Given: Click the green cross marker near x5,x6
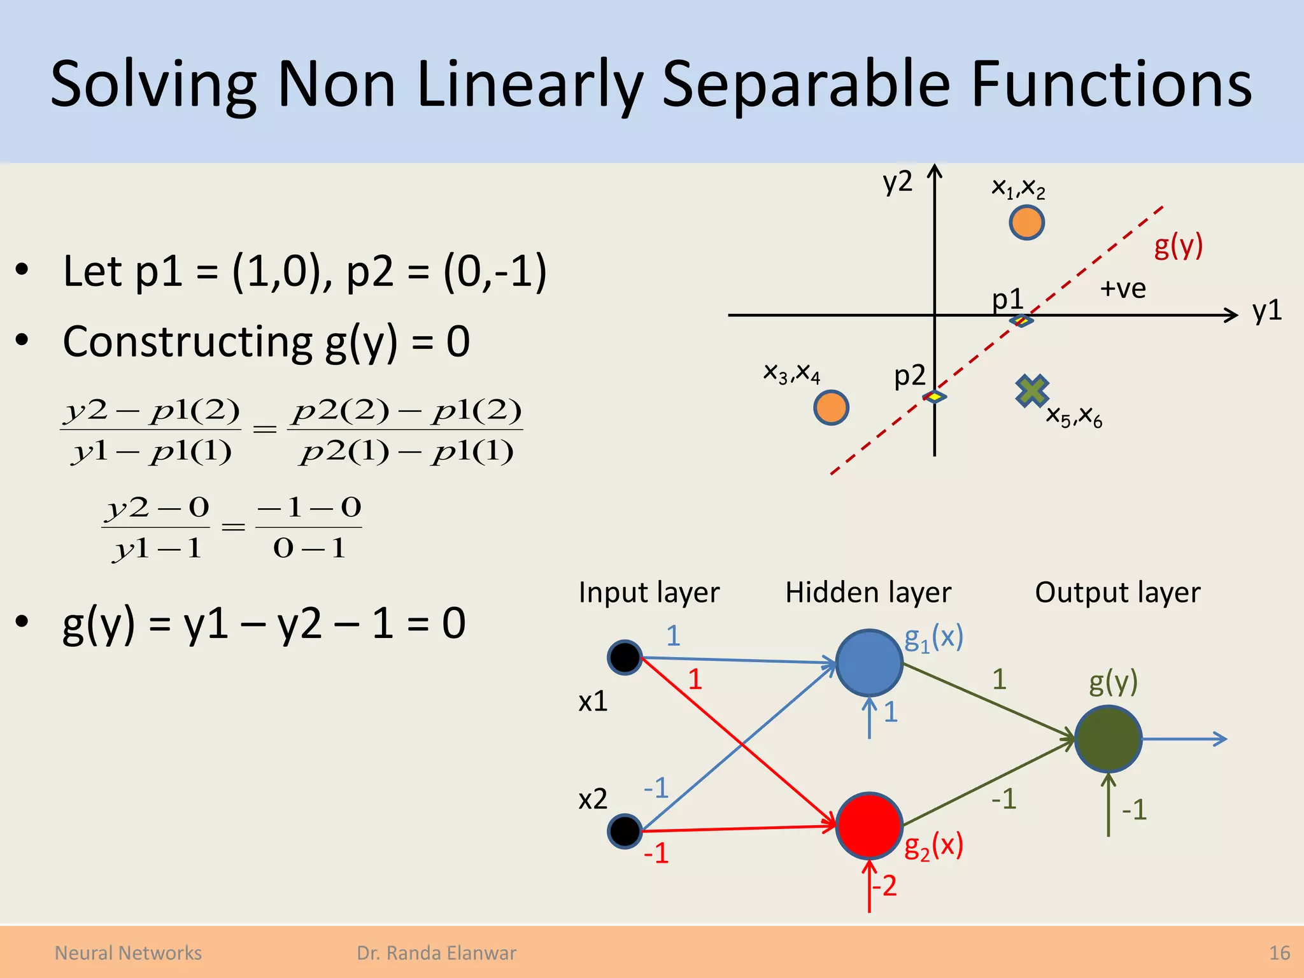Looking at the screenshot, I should tap(1031, 390).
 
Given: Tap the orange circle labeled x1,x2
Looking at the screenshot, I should tap(1026, 223).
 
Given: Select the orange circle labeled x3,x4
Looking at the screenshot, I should tap(831, 407).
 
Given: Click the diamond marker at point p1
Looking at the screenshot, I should tap(1021, 320).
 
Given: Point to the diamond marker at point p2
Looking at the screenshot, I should tap(934, 397).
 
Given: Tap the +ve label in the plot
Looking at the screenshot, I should tap(1123, 289).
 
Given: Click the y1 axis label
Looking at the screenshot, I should tap(1266, 311).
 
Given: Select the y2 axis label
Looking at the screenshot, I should tap(897, 181).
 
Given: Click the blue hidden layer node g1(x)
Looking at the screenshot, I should tap(868, 663).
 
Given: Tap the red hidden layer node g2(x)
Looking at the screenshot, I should tap(868, 825).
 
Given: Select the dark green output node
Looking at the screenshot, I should tap(1108, 739).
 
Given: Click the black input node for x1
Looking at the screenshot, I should tap(625, 657).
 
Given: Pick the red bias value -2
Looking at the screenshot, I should tap(884, 886).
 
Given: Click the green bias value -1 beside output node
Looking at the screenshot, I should tap(1134, 810).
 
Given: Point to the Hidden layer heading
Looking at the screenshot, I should tap(868, 593).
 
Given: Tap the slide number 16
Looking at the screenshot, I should tap(1279, 953).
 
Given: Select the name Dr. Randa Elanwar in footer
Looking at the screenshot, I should tap(436, 953).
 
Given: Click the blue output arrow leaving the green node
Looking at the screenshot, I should tap(1184, 739).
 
